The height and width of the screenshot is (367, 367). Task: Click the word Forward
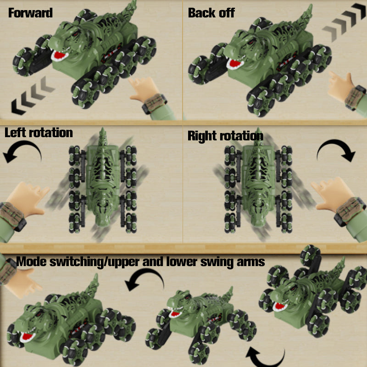[x=30, y=13]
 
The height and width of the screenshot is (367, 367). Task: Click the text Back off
[x=211, y=13]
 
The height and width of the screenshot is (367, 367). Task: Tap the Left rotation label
[x=39, y=133]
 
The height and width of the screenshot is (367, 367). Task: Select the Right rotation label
[x=225, y=136]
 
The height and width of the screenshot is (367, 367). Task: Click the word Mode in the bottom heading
[x=31, y=261]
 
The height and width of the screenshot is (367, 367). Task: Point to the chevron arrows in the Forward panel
[x=33, y=96]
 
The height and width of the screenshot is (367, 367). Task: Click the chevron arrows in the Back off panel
[x=344, y=22]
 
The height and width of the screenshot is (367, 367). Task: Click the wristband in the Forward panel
[x=155, y=104]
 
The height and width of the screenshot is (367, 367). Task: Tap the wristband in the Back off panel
[x=355, y=98]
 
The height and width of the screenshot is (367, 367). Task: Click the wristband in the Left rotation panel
[x=12, y=217]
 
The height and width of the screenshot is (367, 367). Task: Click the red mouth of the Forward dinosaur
[x=59, y=56]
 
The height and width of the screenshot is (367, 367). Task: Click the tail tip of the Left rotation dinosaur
[x=102, y=129]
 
